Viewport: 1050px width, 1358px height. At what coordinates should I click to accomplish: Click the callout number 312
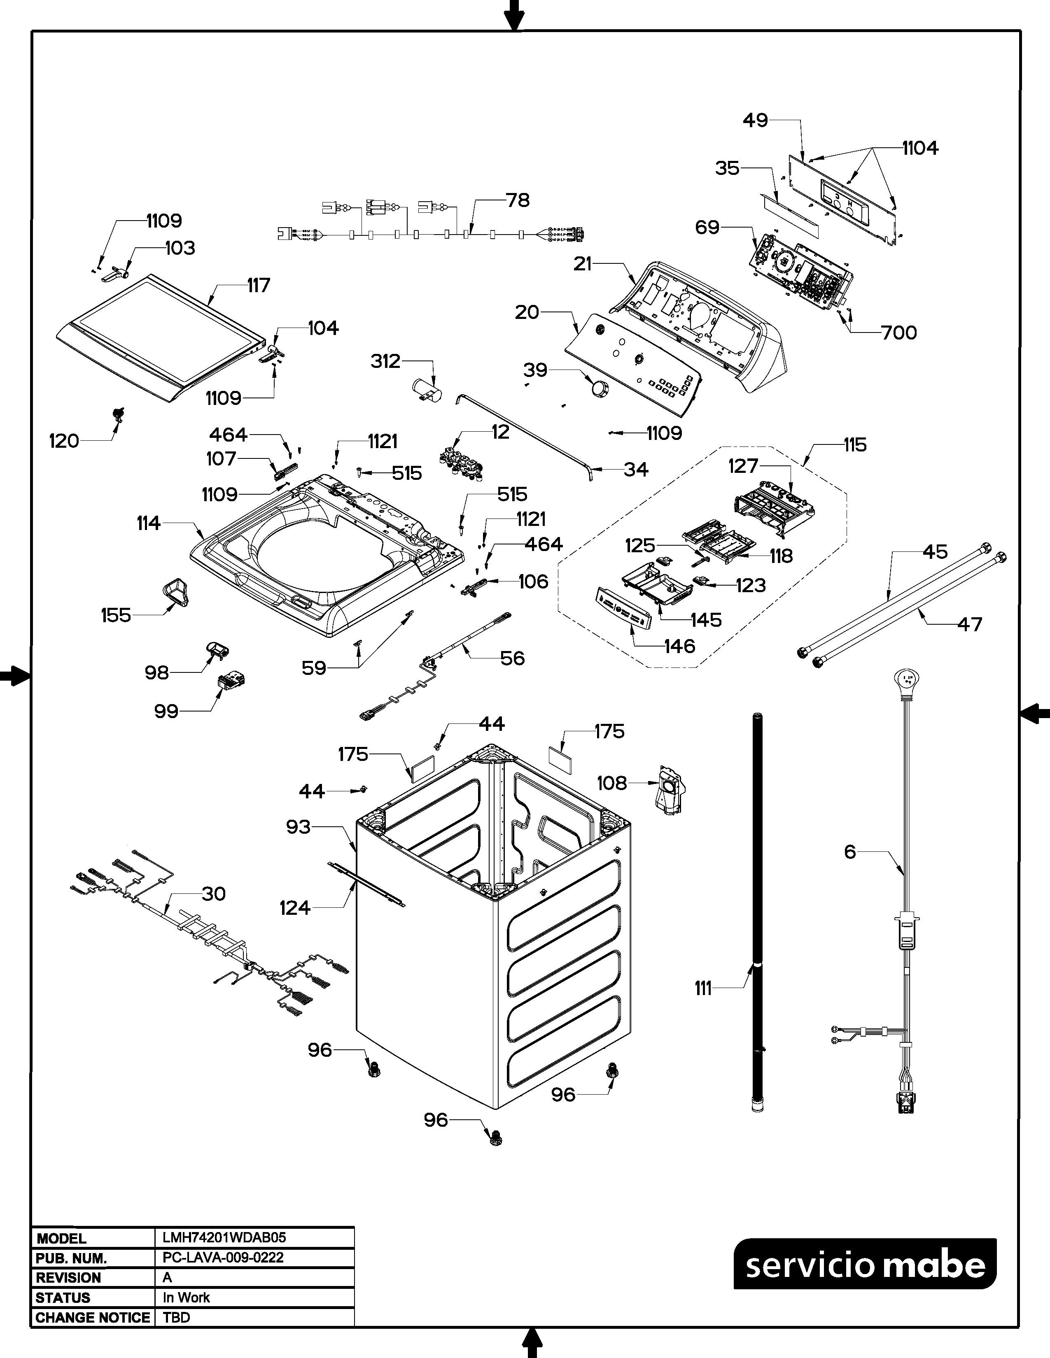386,361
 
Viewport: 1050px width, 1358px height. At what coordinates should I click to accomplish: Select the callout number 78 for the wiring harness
518,200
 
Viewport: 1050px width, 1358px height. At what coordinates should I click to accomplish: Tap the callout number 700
899,333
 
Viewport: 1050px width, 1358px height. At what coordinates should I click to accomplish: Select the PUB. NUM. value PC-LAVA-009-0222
223,1257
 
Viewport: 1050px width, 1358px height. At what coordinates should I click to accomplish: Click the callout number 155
116,616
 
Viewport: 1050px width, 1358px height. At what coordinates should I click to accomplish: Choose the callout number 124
295,908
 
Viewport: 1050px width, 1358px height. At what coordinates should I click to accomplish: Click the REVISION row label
68,1277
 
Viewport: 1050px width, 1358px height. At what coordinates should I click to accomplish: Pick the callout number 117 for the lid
258,286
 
